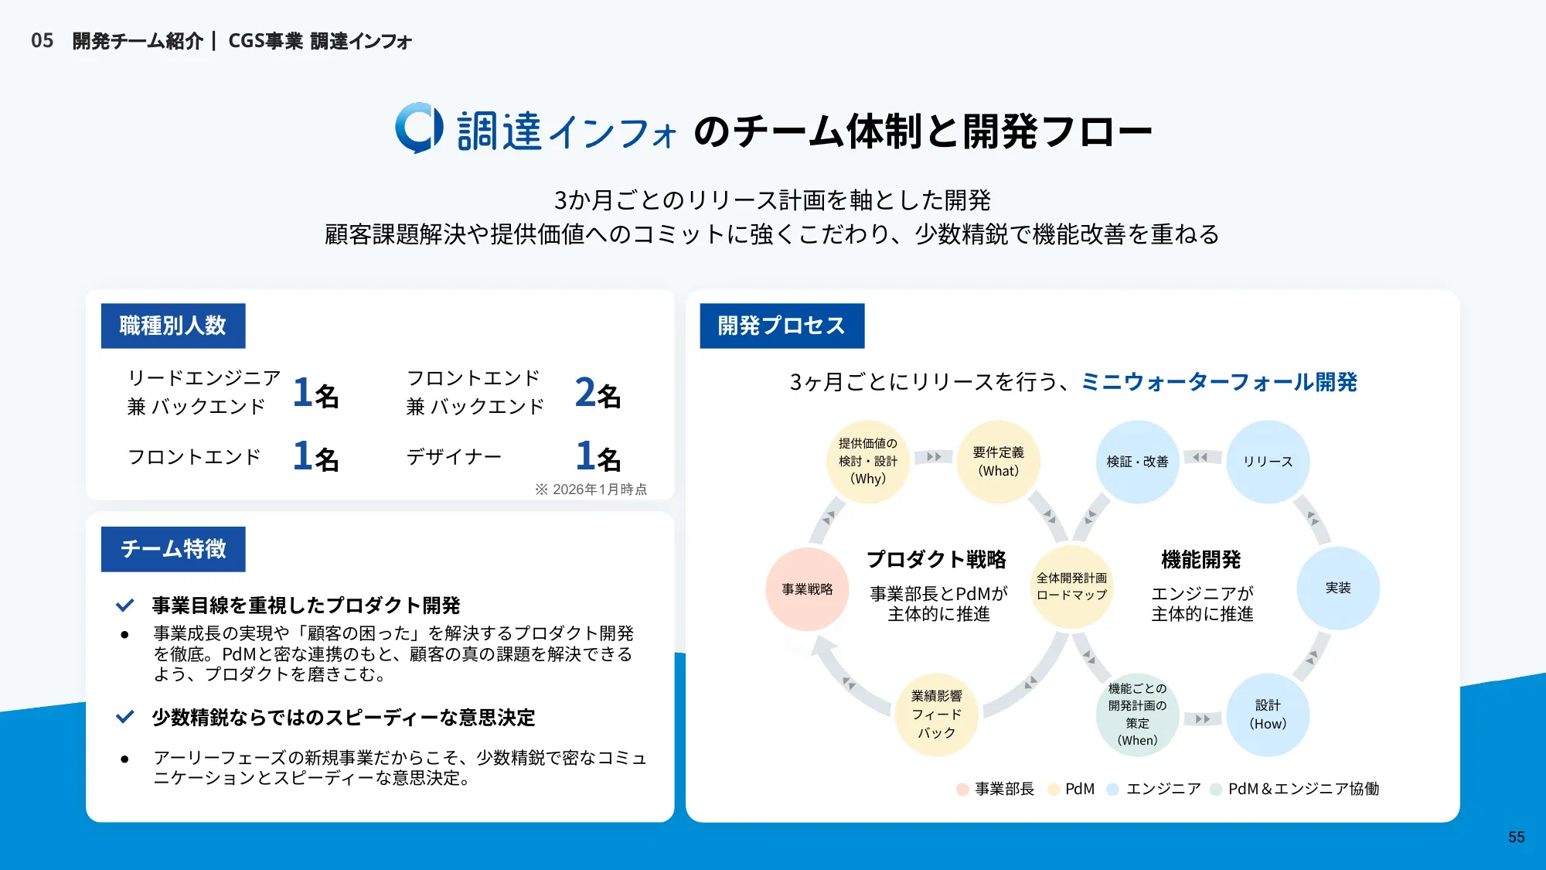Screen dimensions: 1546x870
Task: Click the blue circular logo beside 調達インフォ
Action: click(x=419, y=128)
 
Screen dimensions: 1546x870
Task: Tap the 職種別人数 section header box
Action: click(x=173, y=326)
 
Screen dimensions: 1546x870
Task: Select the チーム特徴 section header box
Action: click(x=173, y=549)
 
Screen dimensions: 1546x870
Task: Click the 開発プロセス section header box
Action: click(x=782, y=326)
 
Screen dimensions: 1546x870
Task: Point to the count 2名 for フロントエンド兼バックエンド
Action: click(x=598, y=393)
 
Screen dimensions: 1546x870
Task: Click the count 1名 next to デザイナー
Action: click(x=598, y=456)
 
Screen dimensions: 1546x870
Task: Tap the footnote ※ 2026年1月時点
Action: click(x=591, y=490)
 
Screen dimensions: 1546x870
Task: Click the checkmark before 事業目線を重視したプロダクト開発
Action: click(x=124, y=606)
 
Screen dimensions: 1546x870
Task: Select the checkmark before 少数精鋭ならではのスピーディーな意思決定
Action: click(x=124, y=717)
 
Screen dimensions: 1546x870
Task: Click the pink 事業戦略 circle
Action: click(x=807, y=589)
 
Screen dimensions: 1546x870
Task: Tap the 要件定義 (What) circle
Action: click(x=999, y=462)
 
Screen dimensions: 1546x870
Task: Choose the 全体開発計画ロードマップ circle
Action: click(x=1071, y=587)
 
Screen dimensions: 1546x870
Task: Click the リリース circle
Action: click(x=1268, y=462)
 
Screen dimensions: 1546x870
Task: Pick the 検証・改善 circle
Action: click(x=1137, y=462)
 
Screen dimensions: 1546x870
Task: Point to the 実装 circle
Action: click(x=1338, y=589)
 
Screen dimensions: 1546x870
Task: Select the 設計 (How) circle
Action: click(x=1268, y=715)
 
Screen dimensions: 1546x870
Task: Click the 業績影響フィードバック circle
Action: click(x=937, y=715)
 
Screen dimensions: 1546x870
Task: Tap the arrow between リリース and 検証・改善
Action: click(x=1202, y=457)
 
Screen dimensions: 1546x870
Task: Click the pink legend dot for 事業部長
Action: click(x=962, y=790)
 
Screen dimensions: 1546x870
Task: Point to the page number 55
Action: click(x=1517, y=838)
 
